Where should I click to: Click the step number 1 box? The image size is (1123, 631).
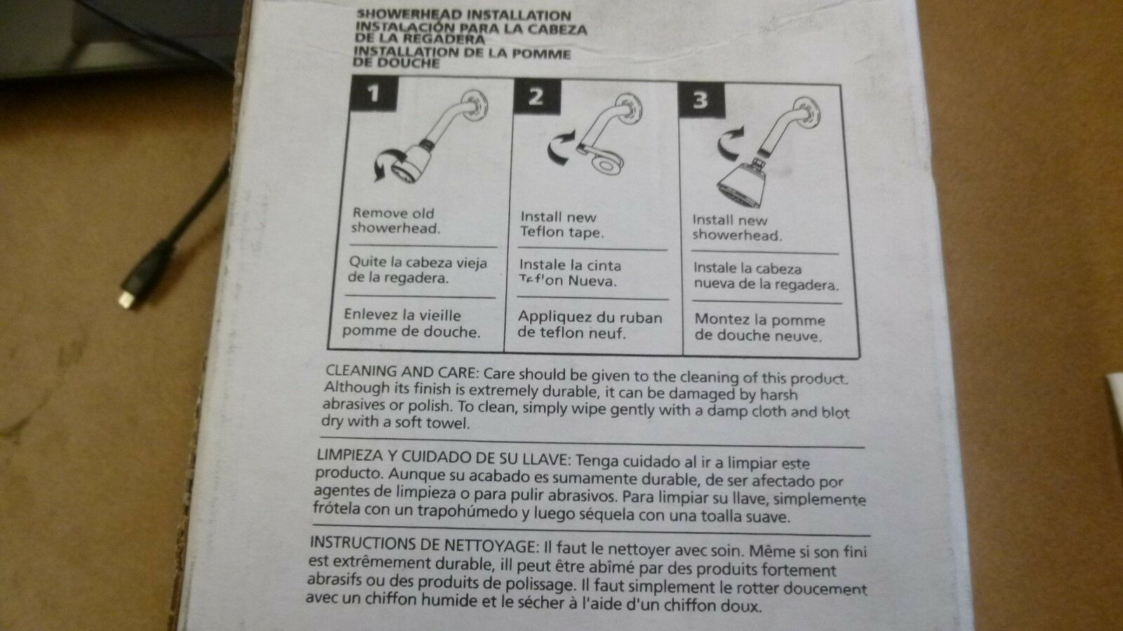(x=373, y=93)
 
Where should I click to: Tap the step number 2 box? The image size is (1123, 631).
(x=537, y=96)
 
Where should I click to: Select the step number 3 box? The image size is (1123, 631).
(x=701, y=100)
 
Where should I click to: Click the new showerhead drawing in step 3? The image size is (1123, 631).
(x=743, y=183)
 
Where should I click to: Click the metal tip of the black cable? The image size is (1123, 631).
(x=126, y=299)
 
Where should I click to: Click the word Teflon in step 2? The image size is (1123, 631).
(x=542, y=232)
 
